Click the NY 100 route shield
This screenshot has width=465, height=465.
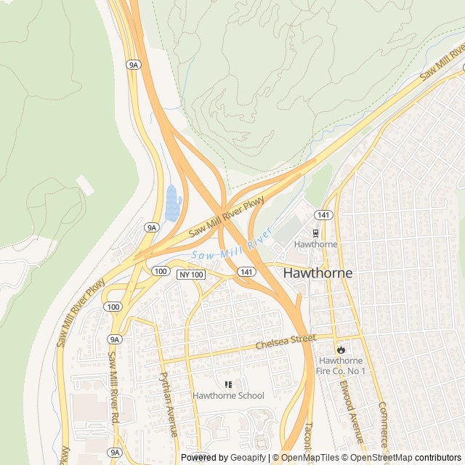[192, 274]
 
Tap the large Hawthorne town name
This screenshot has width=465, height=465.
[318, 273]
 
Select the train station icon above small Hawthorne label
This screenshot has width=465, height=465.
[315, 233]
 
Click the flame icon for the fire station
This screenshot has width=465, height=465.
[341, 349]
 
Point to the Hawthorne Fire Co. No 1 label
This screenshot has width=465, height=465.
[342, 366]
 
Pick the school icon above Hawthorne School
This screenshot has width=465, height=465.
[228, 384]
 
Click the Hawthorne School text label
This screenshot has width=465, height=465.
[228, 396]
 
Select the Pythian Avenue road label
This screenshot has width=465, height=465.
[169, 404]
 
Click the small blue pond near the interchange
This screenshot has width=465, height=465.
[172, 203]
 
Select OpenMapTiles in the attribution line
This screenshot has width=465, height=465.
[311, 458]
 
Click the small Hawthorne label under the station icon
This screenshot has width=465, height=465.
[315, 245]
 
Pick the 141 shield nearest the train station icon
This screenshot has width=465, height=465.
[323, 215]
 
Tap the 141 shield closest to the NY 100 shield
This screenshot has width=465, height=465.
[248, 271]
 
